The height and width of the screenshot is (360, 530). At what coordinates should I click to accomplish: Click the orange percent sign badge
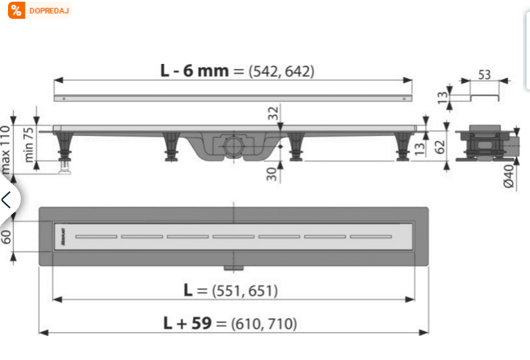[x=17, y=10]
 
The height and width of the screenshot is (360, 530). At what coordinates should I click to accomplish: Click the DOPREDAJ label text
[x=48, y=10]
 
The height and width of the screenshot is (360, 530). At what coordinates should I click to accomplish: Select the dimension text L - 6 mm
[x=194, y=71]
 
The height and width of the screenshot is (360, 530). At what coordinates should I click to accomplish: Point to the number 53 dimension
[x=484, y=75]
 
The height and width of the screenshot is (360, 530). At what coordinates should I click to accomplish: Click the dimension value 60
[x=6, y=236]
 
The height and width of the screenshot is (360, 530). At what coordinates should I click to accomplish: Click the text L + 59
[x=187, y=323]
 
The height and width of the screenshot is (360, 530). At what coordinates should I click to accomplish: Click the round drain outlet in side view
[x=233, y=145]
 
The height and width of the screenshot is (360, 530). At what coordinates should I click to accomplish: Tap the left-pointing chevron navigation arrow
[x=7, y=200]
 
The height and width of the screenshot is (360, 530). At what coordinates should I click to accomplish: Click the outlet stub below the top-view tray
[x=233, y=268]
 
